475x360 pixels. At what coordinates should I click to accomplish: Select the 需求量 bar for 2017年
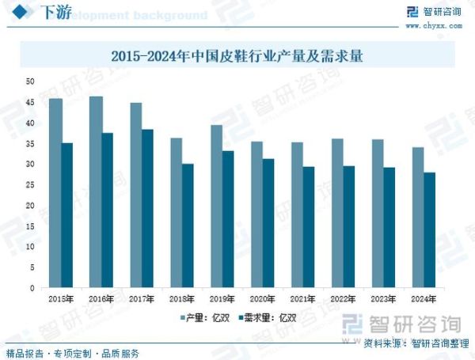(x=148, y=209)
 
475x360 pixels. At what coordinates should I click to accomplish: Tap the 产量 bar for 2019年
(x=216, y=207)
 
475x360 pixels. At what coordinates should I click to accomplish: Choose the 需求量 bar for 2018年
(x=188, y=226)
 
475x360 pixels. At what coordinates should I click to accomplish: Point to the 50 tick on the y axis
(x=30, y=81)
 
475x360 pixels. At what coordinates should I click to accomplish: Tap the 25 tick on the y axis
(x=30, y=185)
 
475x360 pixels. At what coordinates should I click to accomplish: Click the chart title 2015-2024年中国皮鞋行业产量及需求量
(x=237, y=56)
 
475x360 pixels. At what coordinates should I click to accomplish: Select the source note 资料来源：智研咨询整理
(x=416, y=344)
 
